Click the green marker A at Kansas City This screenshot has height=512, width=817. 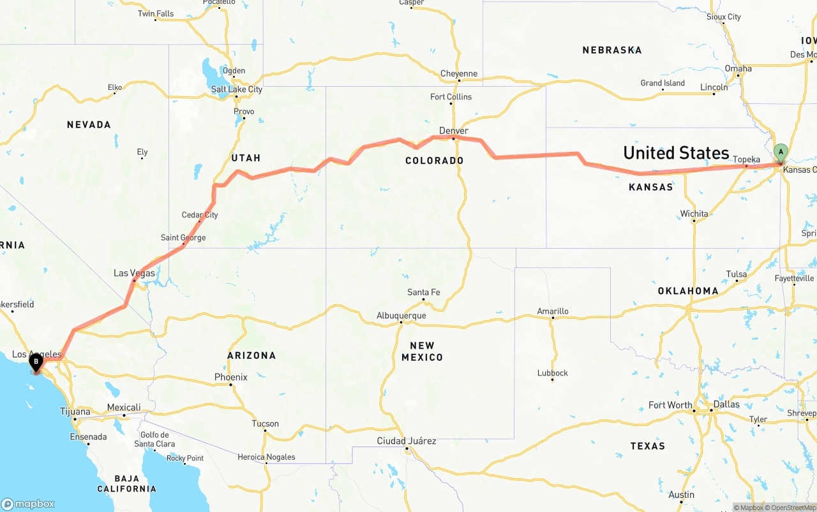780,152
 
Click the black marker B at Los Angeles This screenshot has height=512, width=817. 36,362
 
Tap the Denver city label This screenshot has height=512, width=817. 453,131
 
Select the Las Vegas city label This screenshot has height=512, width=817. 134,273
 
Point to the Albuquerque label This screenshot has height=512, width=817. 401,316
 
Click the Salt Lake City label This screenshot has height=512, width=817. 236,89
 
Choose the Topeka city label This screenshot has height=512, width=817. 746,159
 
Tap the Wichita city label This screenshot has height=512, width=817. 694,214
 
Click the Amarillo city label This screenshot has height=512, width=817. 552,311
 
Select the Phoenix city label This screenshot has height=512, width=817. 230,377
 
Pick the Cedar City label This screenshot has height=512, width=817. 200,215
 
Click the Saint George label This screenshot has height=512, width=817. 183,238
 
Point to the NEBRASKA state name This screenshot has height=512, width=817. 611,50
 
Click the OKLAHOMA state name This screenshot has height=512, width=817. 688,291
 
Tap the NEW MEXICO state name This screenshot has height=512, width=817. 422,351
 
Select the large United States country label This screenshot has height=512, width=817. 676,152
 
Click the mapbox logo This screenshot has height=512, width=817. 28,504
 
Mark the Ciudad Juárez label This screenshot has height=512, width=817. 407,441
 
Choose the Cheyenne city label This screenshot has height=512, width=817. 458,73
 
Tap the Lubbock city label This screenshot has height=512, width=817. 552,372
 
